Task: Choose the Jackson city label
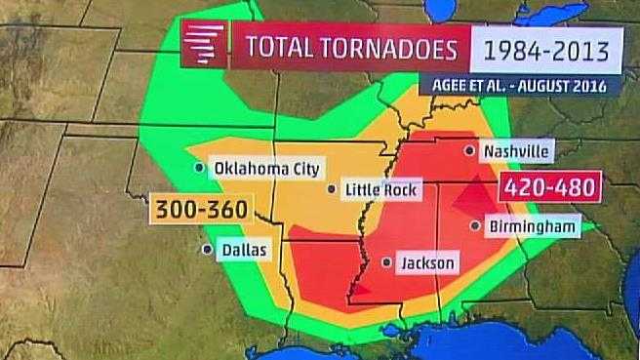427,262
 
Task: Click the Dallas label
243,250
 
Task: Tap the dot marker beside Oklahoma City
200,168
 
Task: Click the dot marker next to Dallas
207,250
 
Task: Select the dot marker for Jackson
387,262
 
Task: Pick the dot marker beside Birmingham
475,226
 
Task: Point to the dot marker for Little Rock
333,189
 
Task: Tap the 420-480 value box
550,186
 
